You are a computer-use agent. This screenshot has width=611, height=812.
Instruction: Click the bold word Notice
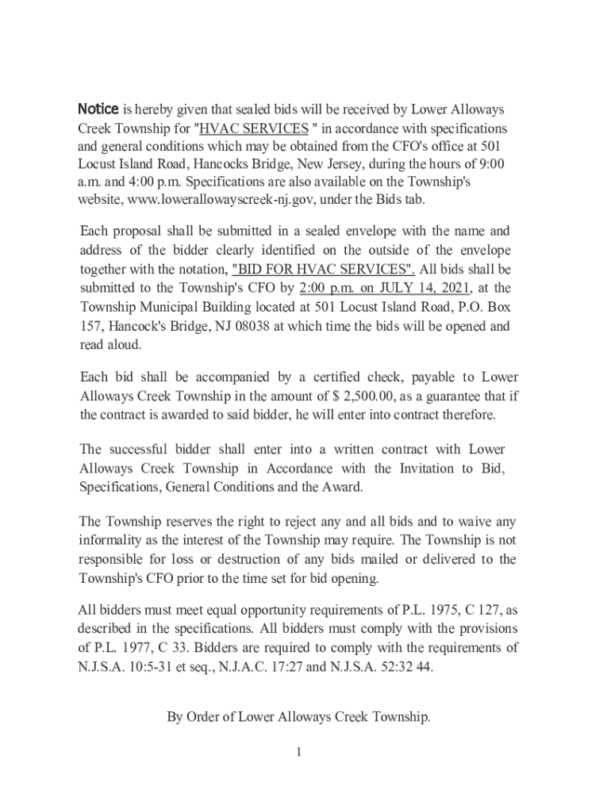click(x=98, y=109)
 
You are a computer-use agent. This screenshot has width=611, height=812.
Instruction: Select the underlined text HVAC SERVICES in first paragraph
click(x=254, y=128)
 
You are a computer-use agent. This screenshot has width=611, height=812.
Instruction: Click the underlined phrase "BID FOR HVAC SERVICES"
click(x=323, y=269)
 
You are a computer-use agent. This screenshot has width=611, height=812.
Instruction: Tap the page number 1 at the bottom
click(x=298, y=752)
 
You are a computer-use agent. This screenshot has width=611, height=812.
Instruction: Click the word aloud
click(x=123, y=345)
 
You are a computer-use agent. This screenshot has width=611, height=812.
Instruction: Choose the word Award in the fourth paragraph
click(x=341, y=487)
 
